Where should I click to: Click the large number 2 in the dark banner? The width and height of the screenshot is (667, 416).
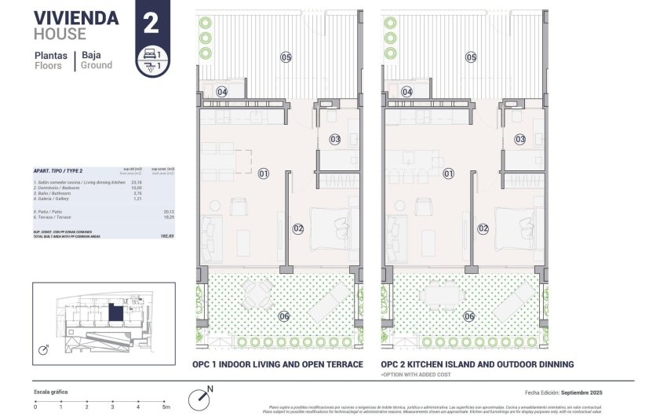(x=151, y=22)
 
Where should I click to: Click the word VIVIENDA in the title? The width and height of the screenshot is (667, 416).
(x=77, y=18)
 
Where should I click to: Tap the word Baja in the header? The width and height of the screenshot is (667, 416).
(x=96, y=55)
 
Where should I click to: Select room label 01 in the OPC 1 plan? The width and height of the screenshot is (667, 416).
(x=264, y=173)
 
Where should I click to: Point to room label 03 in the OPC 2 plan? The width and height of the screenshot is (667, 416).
(x=520, y=139)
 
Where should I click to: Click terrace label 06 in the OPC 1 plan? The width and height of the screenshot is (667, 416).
(x=283, y=316)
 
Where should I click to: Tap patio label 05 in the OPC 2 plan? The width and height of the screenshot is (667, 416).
(x=471, y=57)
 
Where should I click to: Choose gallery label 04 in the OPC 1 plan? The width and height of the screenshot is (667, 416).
(x=222, y=92)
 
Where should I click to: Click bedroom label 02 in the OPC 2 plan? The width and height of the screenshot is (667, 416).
(x=483, y=228)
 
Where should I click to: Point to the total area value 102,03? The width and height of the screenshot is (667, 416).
(x=166, y=235)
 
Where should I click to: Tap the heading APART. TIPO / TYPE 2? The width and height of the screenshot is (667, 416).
(x=58, y=170)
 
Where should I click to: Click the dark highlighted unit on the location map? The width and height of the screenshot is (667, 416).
(x=116, y=313)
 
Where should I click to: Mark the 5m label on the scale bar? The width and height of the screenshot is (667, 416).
(x=166, y=407)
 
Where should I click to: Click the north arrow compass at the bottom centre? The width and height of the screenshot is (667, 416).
(x=203, y=397)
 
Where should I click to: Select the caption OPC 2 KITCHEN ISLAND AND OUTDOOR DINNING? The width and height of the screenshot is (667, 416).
(x=477, y=364)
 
